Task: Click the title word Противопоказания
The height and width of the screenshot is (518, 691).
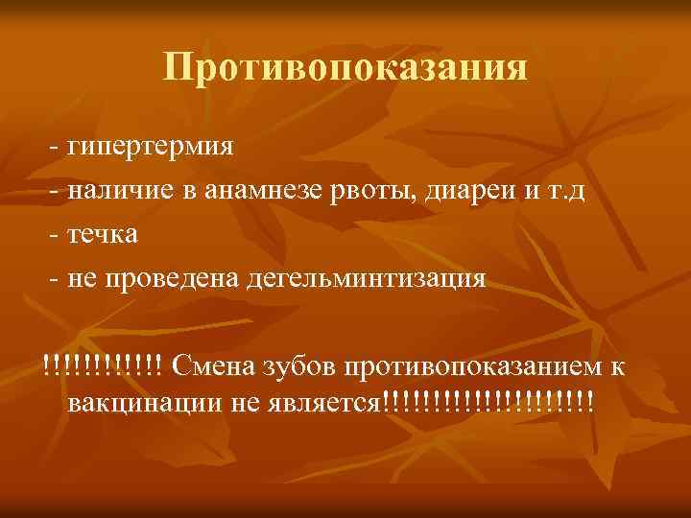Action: pos(345,68)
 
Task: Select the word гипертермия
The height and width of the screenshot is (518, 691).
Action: pos(150,150)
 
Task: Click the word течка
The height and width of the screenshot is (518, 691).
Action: pos(103,235)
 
